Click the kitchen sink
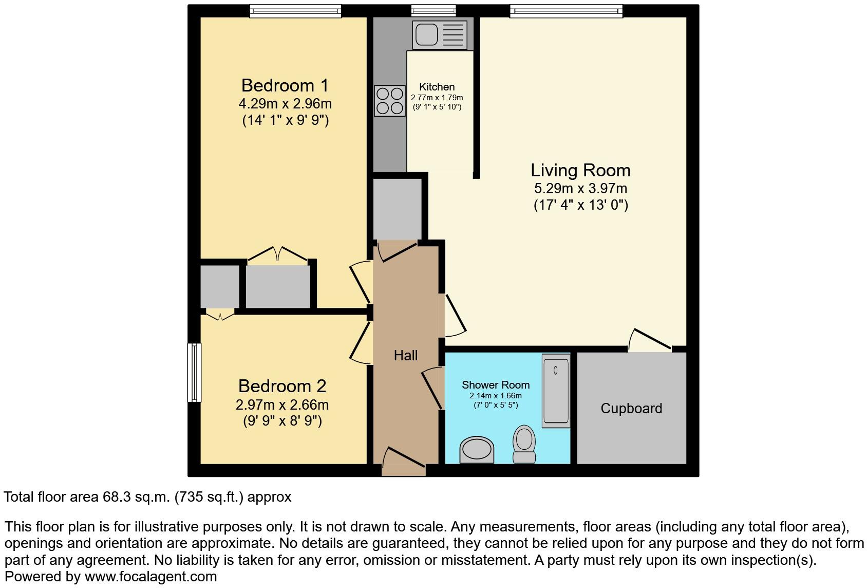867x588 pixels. pyautogui.click(x=440, y=35)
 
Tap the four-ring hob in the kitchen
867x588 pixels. pyautogui.click(x=390, y=101)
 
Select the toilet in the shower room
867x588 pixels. pyautogui.click(x=524, y=444)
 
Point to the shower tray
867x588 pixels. pyautogui.click(x=556, y=390)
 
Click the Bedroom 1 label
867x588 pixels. pyautogui.click(x=285, y=85)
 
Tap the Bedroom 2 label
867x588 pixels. pyautogui.click(x=282, y=386)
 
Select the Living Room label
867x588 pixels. pyautogui.click(x=580, y=170)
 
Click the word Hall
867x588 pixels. pyautogui.click(x=405, y=355)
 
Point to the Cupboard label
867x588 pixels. pyautogui.click(x=631, y=409)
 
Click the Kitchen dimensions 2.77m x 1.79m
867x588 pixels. pyautogui.click(x=437, y=98)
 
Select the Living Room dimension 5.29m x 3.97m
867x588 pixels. pyautogui.click(x=580, y=189)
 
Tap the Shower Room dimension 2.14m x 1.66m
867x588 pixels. pyautogui.click(x=495, y=396)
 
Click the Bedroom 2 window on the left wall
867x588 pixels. pyautogui.click(x=194, y=372)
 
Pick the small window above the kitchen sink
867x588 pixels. pyautogui.click(x=433, y=10)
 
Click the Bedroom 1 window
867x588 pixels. pyautogui.click(x=295, y=11)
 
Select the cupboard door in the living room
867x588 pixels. pyautogui.click(x=650, y=341)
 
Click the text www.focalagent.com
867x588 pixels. pyautogui.click(x=150, y=577)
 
